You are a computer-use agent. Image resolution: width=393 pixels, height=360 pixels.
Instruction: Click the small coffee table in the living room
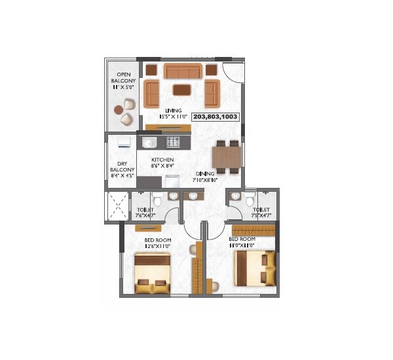point(181,89)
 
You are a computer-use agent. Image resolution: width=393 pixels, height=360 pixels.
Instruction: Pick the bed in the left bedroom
point(153,274)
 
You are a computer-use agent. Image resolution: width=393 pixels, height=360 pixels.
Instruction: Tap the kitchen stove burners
point(174,141)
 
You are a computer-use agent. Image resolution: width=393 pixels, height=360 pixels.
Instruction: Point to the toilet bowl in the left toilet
point(157,200)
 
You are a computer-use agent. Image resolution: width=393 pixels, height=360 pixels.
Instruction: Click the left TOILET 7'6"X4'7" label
point(145,213)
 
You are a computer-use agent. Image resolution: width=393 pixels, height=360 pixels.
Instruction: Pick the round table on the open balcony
point(119,111)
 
